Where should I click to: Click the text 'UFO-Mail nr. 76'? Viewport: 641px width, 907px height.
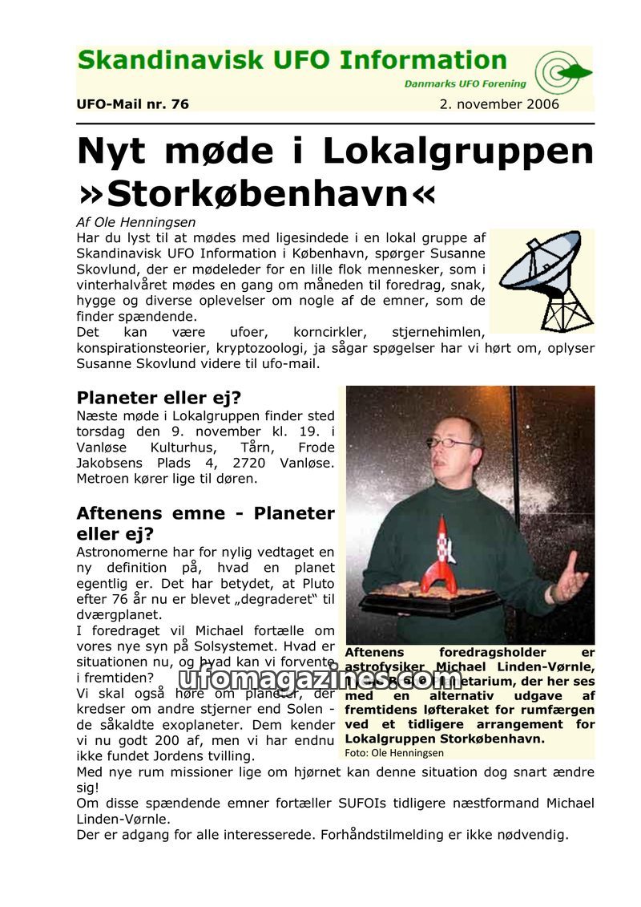click(x=132, y=104)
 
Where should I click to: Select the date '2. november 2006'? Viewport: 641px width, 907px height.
click(x=499, y=104)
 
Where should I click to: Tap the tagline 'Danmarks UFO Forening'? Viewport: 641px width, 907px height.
click(x=465, y=83)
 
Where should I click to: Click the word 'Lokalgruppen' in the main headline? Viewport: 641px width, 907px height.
click(x=463, y=152)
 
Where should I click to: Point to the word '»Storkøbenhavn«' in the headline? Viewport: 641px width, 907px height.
click(x=256, y=193)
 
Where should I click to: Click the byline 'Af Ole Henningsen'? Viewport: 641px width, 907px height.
click(x=135, y=222)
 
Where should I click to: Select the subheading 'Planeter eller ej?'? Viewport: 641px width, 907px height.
click(x=159, y=398)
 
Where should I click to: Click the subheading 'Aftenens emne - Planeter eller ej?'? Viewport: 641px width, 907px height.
click(x=204, y=523)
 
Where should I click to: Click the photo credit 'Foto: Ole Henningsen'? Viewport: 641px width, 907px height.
click(x=393, y=753)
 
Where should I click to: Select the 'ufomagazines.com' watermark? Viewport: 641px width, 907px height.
click(x=320, y=679)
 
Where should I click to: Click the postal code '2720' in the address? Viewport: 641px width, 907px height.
click(x=244, y=463)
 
